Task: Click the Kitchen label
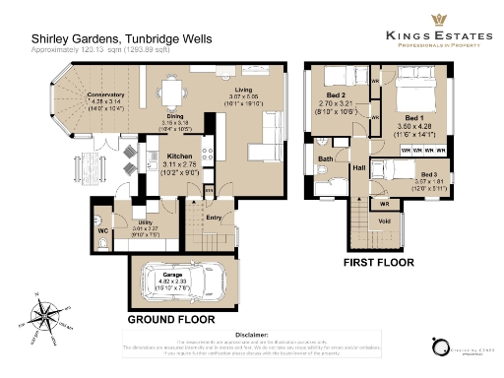(179, 157)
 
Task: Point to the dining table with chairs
(172, 94)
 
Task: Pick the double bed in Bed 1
(420, 102)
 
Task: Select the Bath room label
(325, 158)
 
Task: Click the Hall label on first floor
(358, 170)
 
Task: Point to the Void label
(384, 220)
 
